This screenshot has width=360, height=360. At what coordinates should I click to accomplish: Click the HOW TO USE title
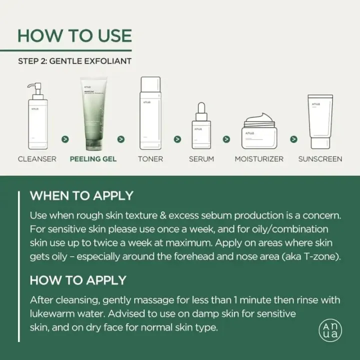coord(74,35)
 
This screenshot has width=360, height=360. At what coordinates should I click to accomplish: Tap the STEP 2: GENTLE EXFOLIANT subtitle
coord(74,61)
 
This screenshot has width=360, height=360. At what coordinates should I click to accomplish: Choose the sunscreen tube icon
coord(320,121)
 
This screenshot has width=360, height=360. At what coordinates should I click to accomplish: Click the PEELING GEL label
coord(93,159)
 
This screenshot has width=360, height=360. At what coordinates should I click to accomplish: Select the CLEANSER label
coord(37,159)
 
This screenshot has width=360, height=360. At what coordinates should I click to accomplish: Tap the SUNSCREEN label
coord(320,159)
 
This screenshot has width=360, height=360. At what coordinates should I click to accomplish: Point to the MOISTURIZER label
coord(259,159)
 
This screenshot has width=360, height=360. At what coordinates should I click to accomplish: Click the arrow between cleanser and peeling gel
coord(65,139)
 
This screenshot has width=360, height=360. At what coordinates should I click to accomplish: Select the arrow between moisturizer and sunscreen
coord(293,139)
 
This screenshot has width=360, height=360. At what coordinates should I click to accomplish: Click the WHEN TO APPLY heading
coord(81,195)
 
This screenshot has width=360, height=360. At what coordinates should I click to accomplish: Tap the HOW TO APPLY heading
coord(78,280)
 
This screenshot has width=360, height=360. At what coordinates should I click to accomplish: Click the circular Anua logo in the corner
coord(330,330)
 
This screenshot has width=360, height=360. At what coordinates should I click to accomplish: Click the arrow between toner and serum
coord(177,139)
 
